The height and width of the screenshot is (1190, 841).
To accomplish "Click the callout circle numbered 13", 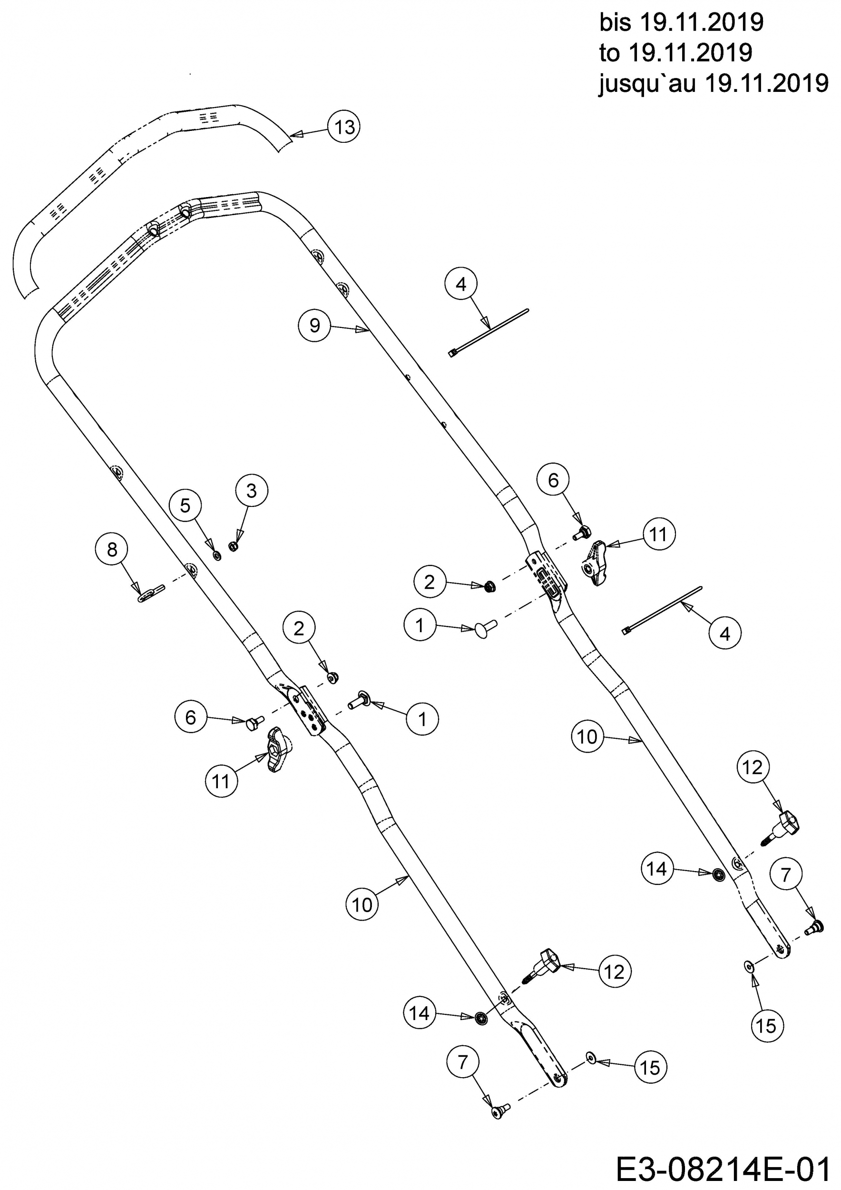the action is click(344, 127).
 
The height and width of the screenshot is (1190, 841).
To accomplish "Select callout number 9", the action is click(315, 325).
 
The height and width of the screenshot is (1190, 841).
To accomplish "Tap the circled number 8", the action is click(112, 549).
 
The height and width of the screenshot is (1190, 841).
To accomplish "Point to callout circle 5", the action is click(186, 506).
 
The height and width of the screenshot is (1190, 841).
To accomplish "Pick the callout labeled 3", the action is click(252, 491).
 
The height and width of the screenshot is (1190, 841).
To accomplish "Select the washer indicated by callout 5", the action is click(217, 555).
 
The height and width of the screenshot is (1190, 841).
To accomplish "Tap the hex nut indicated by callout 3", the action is click(234, 546).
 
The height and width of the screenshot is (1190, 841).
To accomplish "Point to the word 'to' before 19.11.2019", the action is click(610, 53).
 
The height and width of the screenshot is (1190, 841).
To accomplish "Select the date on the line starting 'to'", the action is click(690, 53).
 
